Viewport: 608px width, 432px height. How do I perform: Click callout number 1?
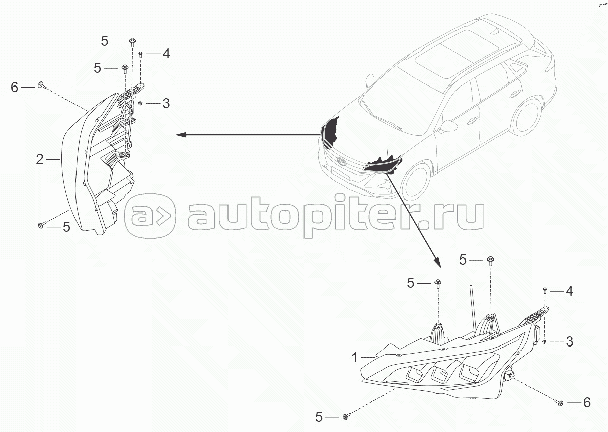[x=355, y=358]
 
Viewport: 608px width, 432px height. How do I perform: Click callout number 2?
[x=40, y=159]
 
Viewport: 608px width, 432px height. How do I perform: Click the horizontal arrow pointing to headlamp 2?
[x=247, y=134]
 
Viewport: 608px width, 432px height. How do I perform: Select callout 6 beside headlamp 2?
[x=15, y=88]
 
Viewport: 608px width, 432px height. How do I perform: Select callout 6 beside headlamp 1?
[x=586, y=403]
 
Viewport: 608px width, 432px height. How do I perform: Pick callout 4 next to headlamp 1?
[x=569, y=291]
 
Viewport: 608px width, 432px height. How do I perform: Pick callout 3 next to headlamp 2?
[x=166, y=104]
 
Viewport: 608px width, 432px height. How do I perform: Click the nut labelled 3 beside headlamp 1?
[x=545, y=342]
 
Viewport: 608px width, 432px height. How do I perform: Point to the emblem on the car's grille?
[x=342, y=162]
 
